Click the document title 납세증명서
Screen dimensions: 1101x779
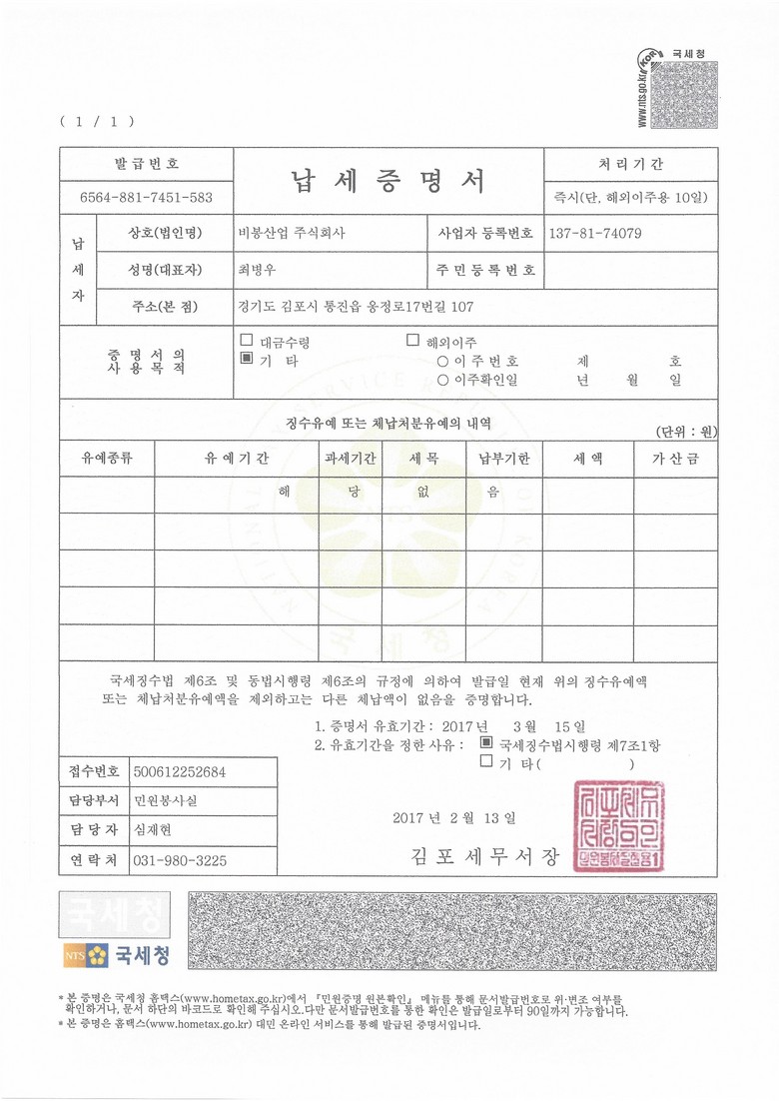pos(388,181)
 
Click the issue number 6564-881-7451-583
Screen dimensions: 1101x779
pos(146,198)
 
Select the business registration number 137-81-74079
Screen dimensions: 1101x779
pos(595,233)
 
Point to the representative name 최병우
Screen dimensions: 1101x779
pos(258,270)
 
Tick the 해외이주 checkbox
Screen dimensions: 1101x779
pos(412,341)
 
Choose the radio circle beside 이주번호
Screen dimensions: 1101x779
pos(442,361)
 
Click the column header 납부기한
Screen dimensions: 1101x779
pos(504,459)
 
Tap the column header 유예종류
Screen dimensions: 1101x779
pos(107,459)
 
